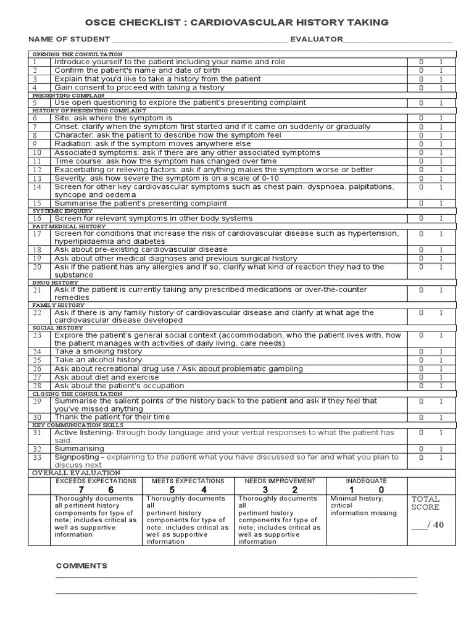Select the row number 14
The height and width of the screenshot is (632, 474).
coord(37,187)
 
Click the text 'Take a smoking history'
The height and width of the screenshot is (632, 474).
coord(98,351)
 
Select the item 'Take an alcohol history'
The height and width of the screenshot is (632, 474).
coord(98,360)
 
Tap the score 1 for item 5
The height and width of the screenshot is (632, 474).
coord(441,103)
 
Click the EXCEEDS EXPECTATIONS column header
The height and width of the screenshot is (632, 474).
coord(96,480)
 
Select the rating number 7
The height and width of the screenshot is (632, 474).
coord(81,489)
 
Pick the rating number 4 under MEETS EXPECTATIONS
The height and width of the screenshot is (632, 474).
coord(204,489)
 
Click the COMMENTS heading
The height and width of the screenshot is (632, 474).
coord(81,565)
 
